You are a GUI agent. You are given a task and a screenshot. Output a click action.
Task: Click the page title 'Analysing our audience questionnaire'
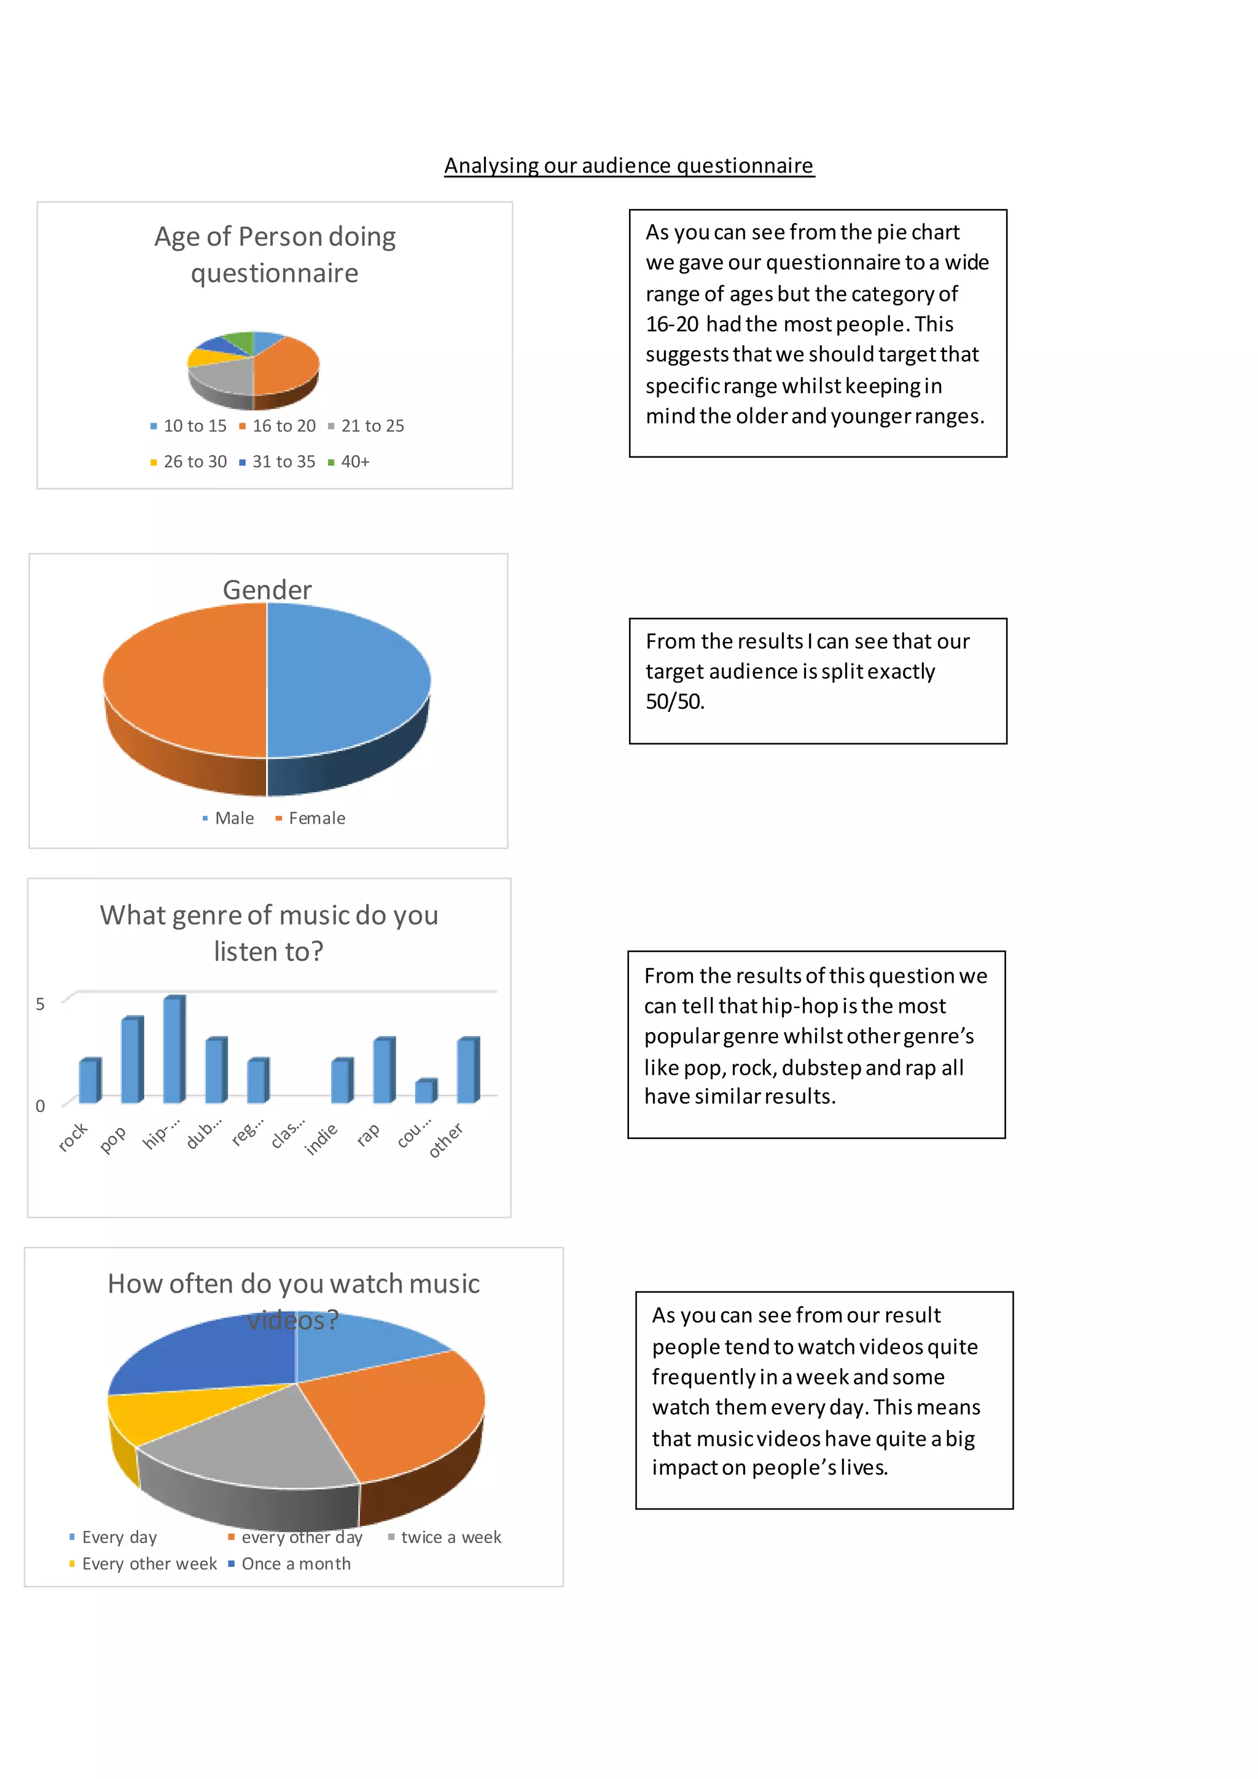pos(628,166)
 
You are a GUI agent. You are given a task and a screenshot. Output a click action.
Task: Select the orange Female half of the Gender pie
pos(186,678)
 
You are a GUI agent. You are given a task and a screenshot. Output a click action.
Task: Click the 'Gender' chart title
pos(267,590)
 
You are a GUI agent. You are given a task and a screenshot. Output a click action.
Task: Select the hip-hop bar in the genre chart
pos(174,1049)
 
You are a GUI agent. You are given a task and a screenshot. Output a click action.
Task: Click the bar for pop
pos(133,1059)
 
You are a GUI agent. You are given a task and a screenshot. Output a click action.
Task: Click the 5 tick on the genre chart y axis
pos(41,1004)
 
